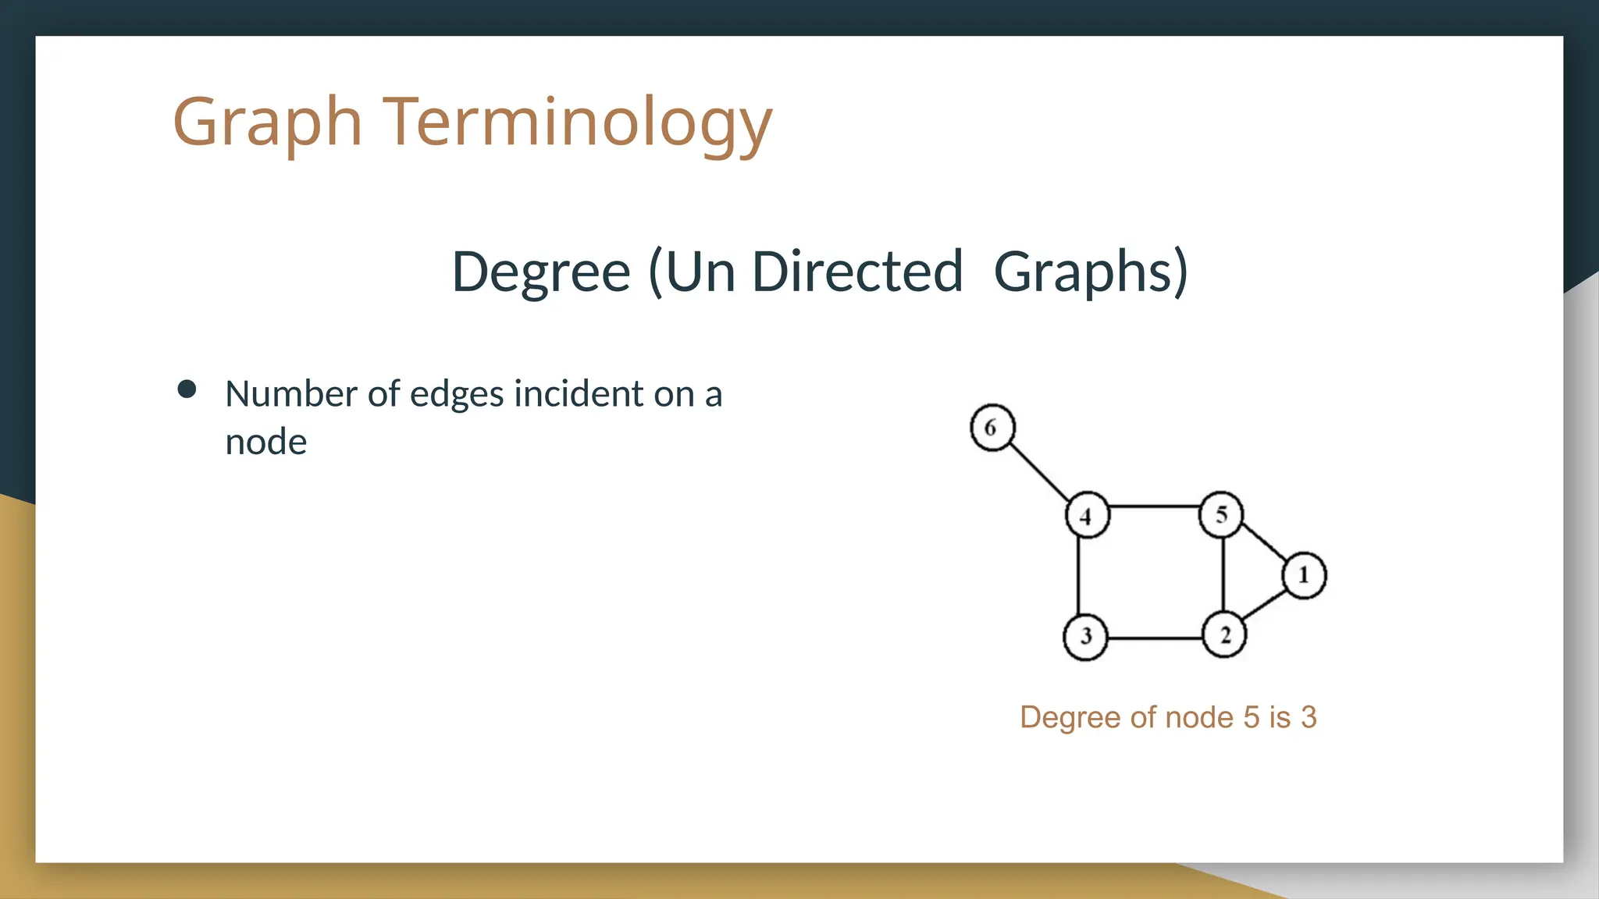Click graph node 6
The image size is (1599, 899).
(x=992, y=428)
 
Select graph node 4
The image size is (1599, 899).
(x=1087, y=515)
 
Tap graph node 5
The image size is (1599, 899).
(x=1221, y=514)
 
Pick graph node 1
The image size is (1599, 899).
(x=1304, y=576)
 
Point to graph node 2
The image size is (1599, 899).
(x=1224, y=635)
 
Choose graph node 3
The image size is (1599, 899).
(x=1085, y=637)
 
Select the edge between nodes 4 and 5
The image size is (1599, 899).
(x=1154, y=506)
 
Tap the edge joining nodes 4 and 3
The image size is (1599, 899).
(x=1078, y=576)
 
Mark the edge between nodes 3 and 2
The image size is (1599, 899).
(x=1155, y=638)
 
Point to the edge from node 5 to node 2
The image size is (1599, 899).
(x=1223, y=574)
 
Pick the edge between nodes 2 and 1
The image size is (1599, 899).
(x=1264, y=606)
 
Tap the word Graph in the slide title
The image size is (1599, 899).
(x=267, y=122)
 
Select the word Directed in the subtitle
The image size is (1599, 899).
(x=856, y=272)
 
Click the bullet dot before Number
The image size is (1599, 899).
(x=187, y=389)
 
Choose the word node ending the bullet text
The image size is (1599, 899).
(x=265, y=442)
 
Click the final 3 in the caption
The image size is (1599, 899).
(x=1309, y=717)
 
